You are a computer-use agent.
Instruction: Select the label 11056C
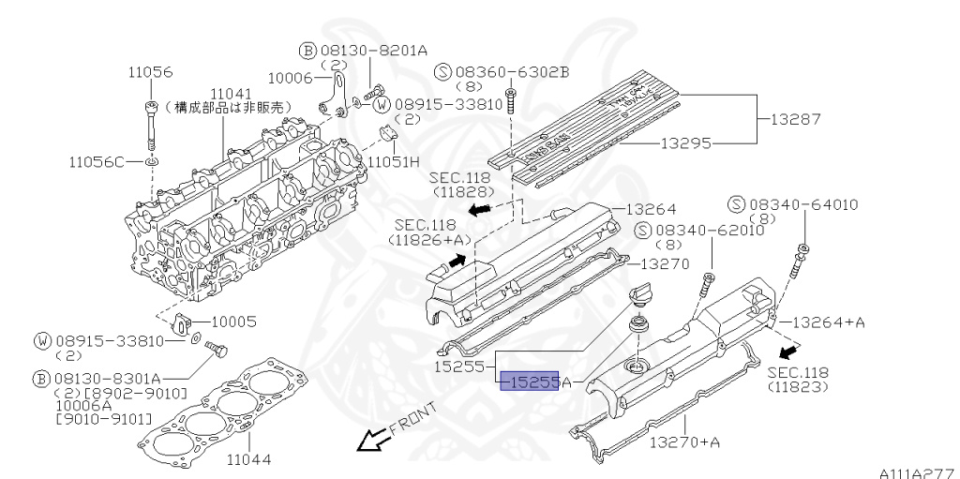click(96, 161)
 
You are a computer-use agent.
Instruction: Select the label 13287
click(795, 119)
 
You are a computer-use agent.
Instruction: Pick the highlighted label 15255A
click(536, 382)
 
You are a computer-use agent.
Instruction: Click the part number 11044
click(251, 460)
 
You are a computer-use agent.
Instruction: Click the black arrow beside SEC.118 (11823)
click(791, 352)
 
